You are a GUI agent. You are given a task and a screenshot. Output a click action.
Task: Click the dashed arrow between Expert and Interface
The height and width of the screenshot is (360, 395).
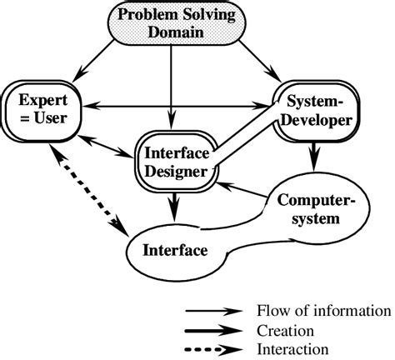87,191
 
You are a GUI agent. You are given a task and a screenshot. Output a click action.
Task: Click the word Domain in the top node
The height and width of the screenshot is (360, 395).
171,34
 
